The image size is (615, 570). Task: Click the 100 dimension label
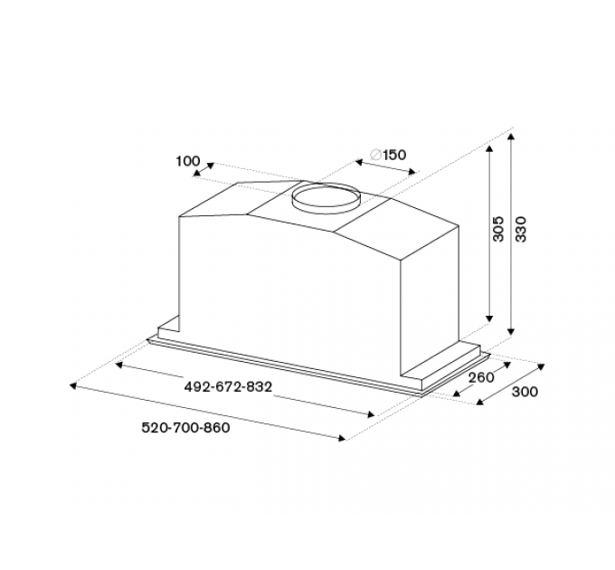pos(188,161)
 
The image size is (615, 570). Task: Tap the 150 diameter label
pos(394,155)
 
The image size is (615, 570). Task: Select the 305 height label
pos(497,229)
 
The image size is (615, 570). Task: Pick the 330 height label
pos(520,229)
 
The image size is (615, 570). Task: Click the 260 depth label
pos(482,377)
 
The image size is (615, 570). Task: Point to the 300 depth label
pos(525,392)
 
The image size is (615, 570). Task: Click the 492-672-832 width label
pos(228,387)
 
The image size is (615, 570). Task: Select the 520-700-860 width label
pos(185,428)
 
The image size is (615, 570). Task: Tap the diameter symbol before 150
pos(375,155)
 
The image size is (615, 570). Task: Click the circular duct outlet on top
pos(326,198)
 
